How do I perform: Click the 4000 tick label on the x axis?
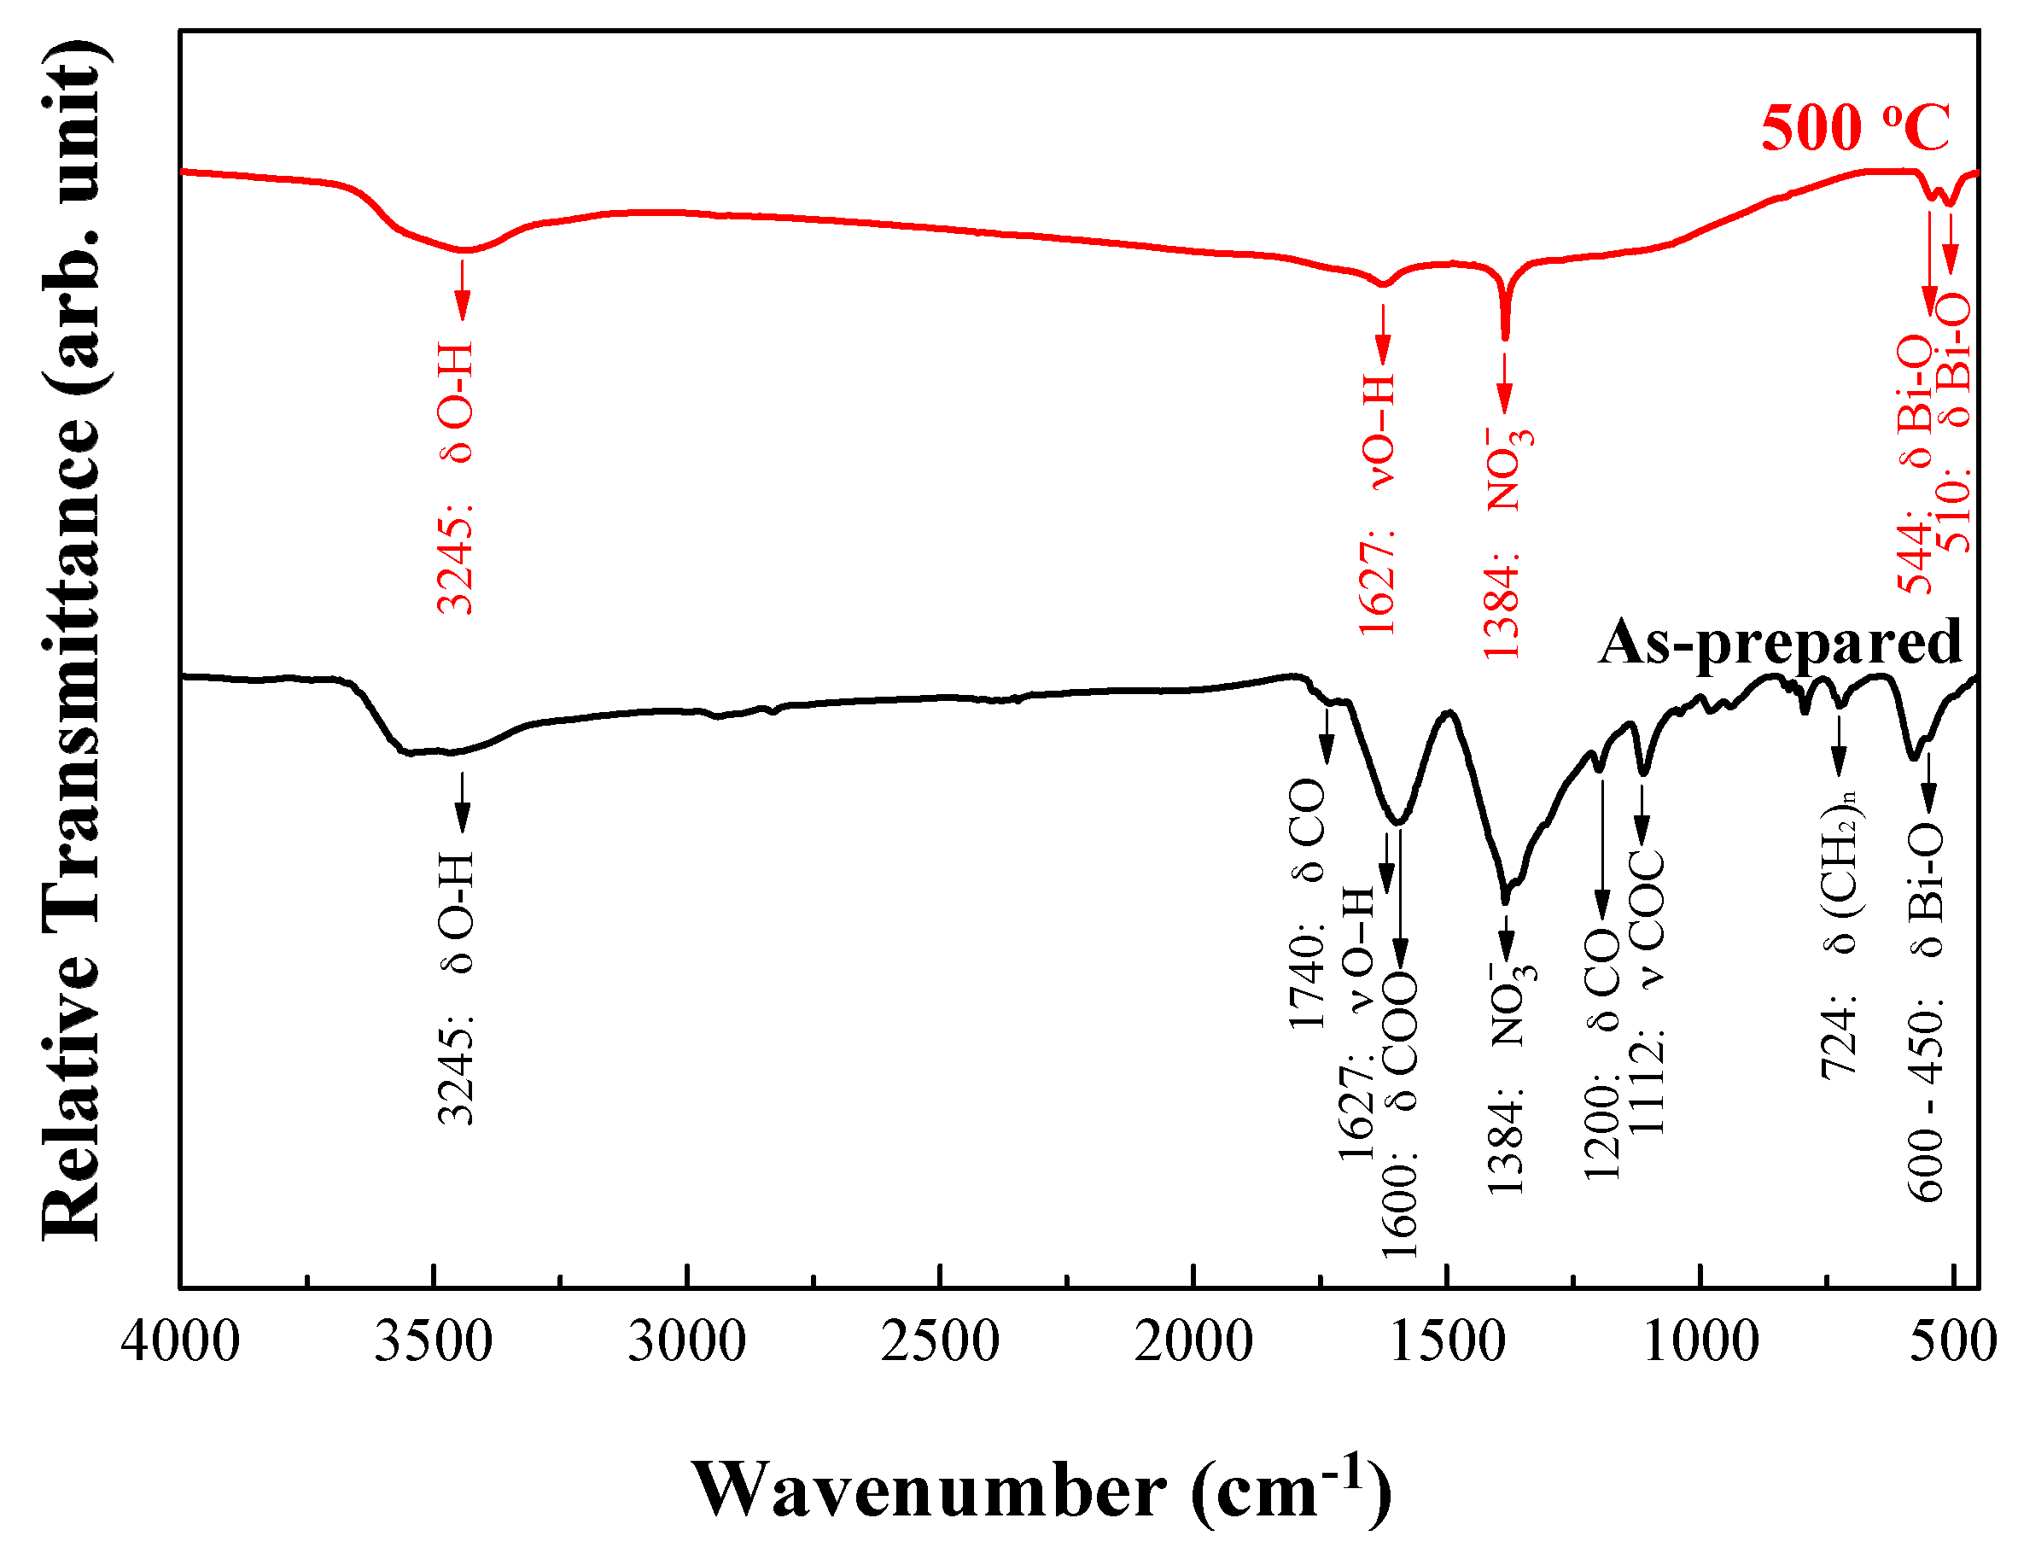(x=181, y=1342)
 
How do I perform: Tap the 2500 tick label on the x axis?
(x=940, y=1342)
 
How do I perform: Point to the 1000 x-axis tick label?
(x=1700, y=1342)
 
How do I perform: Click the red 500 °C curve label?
(x=1855, y=127)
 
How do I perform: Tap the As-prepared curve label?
(x=1780, y=641)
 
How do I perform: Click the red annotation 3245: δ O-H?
(x=456, y=479)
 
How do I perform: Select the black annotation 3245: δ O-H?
(x=456, y=988)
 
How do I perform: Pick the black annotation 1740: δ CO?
(x=1307, y=906)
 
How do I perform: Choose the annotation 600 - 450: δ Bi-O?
(x=1926, y=1012)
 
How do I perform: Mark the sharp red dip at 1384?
(x=1505, y=335)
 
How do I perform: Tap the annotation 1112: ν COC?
(x=1647, y=994)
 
